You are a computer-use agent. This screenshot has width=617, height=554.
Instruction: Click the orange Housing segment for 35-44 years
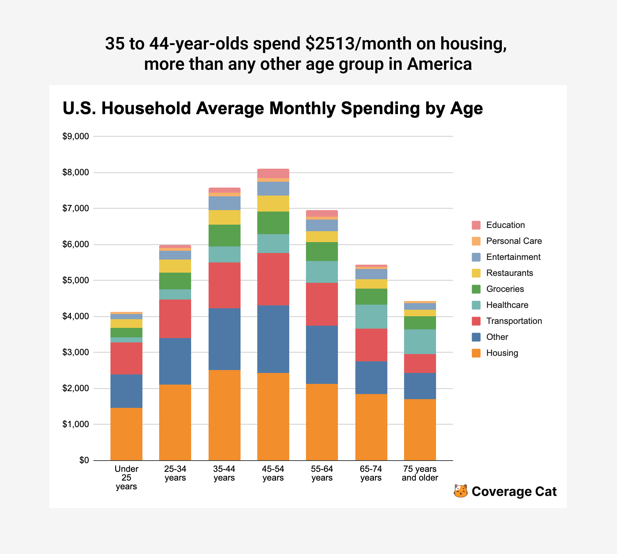click(224, 415)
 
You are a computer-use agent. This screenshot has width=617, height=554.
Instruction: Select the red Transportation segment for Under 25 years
click(126, 358)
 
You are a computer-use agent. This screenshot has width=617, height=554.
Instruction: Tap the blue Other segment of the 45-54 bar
click(273, 339)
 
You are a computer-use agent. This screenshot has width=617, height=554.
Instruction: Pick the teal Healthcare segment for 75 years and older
click(420, 342)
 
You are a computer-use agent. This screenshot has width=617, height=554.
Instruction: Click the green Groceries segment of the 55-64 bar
click(322, 252)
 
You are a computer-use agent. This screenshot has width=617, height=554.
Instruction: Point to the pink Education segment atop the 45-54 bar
click(273, 173)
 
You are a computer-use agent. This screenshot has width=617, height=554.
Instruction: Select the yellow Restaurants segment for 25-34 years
click(175, 266)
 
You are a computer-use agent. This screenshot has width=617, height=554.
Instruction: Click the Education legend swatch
click(476, 225)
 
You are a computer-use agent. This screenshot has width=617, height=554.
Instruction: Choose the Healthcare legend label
click(507, 305)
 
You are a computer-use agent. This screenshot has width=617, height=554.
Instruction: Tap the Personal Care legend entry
click(514, 241)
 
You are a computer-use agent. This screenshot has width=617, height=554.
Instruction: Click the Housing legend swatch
click(476, 353)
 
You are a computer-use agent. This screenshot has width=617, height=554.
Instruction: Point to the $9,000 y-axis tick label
click(76, 137)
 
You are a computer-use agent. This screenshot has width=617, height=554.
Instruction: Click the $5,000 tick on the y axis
click(76, 281)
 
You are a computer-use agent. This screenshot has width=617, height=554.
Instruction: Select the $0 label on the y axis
click(84, 461)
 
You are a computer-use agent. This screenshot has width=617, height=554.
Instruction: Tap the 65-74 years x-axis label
click(371, 473)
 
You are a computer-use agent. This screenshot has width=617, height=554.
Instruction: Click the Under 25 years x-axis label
click(126, 478)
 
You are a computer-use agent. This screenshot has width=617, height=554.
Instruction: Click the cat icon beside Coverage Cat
click(460, 491)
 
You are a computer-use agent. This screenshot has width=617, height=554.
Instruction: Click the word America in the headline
click(439, 64)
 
